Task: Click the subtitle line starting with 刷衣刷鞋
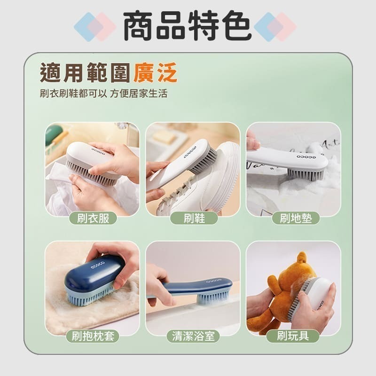pos(103,93)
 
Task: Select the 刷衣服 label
pos(93,218)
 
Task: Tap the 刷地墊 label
pos(296,218)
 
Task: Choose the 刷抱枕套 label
pos(93,336)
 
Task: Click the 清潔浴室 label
pos(193,336)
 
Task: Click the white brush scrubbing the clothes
pos(92,160)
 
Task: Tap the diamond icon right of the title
pos(275,27)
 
